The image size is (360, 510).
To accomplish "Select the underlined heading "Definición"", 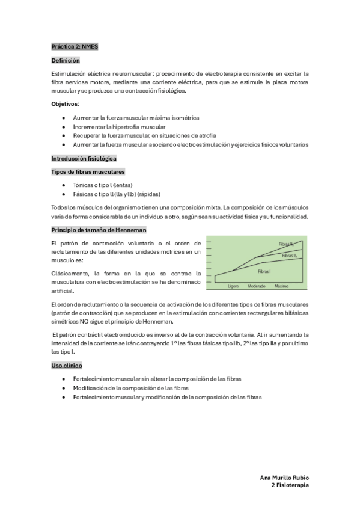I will tap(66, 61).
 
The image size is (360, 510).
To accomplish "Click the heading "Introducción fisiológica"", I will tap(84, 158).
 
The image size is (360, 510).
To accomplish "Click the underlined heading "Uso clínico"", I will tap(67, 366).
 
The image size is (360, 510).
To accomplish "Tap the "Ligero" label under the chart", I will tap(234, 286).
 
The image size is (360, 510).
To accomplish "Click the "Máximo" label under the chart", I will tap(282, 286).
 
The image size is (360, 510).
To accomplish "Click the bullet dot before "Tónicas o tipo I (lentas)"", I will tap(64, 185).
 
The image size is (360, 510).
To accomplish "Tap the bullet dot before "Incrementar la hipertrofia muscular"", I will tap(64, 127).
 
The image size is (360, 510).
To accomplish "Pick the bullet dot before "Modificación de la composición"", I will tap(64, 388).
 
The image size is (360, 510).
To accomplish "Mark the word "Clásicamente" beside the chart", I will tap(71, 272).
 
